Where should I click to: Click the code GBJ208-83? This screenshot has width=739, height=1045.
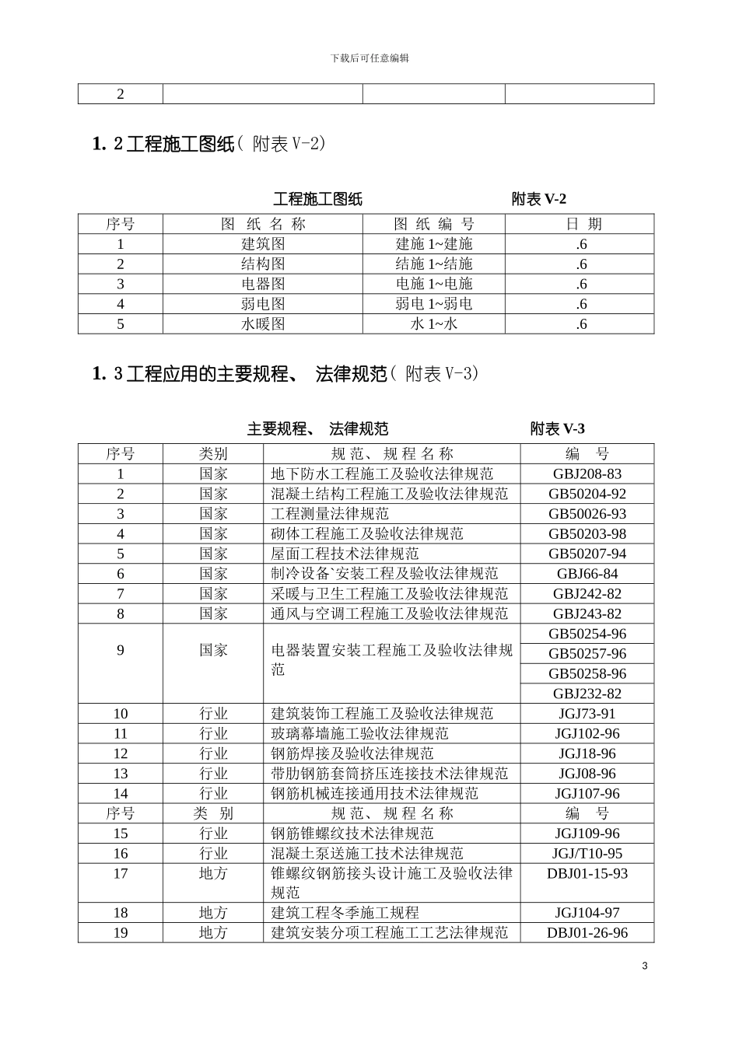click(587, 474)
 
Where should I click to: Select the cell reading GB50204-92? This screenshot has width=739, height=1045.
click(587, 494)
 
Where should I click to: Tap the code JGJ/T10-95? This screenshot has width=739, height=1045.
click(587, 853)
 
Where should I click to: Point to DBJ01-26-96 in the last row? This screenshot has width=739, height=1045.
click(587, 933)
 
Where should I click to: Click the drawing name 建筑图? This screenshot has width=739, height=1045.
click(263, 244)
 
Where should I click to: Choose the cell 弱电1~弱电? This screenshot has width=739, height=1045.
click(433, 304)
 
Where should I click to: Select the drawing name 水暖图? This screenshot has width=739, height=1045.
click(263, 324)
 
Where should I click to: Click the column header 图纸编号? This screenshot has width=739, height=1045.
click(433, 224)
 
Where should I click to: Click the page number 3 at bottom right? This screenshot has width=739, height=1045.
click(644, 966)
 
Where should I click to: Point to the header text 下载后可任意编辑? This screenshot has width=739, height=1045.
click(369, 58)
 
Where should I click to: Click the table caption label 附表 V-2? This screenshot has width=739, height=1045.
click(538, 199)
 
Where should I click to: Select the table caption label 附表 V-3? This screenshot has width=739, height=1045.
click(557, 428)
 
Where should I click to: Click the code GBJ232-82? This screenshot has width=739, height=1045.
click(587, 694)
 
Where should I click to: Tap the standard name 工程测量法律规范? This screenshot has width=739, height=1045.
click(330, 514)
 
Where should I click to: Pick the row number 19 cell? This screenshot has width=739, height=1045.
click(121, 933)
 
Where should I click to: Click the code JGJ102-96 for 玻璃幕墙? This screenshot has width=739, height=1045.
click(587, 734)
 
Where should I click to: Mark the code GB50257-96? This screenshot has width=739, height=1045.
click(587, 654)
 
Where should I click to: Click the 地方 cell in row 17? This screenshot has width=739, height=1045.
click(213, 873)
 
